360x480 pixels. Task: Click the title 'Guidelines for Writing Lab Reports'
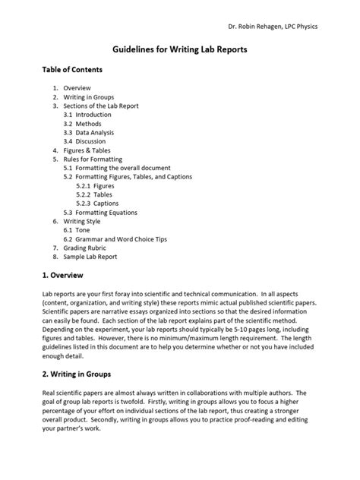coord(179,49)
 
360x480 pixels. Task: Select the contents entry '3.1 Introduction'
coord(87,114)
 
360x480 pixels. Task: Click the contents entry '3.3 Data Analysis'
coord(89,132)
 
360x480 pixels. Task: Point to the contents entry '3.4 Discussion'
coord(85,141)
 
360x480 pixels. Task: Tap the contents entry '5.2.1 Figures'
coord(97,185)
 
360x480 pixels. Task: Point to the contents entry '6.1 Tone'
coord(77,230)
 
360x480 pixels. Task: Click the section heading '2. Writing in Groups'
coord(77,374)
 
